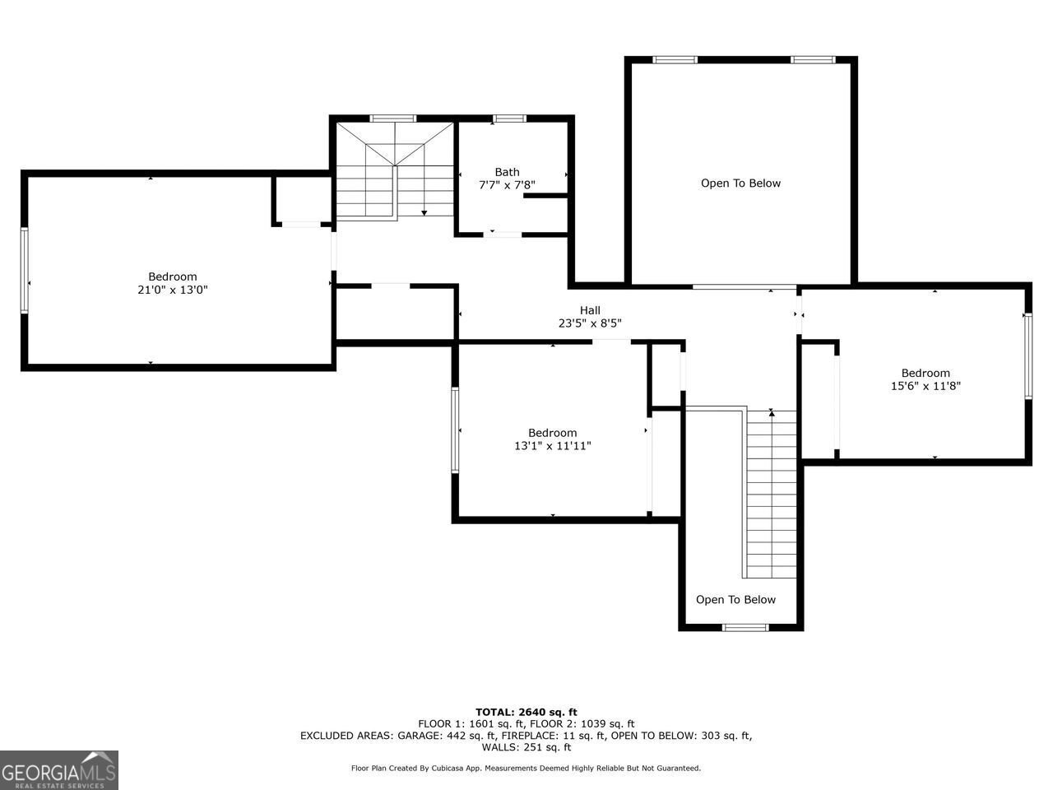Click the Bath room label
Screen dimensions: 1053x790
point(507,172)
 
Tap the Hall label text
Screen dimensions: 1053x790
point(590,310)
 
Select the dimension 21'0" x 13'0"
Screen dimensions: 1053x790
point(172,290)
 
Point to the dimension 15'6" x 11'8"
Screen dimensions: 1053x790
point(925,386)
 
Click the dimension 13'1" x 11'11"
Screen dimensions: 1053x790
point(552,446)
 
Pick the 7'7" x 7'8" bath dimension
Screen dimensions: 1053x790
point(507,184)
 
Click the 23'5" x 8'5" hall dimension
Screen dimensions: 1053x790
point(590,323)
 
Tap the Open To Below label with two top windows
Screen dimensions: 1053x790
point(740,184)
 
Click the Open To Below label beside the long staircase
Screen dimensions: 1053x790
point(735,600)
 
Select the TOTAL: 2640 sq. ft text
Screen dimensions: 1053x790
point(526,713)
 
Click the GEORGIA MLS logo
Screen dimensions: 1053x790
point(59,770)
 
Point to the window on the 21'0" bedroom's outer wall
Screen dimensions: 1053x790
point(24,271)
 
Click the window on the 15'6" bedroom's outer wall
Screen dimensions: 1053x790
point(1028,355)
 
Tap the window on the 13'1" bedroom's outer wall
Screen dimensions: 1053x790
point(455,430)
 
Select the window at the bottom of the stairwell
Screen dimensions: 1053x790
point(745,627)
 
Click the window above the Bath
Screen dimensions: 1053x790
point(509,118)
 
